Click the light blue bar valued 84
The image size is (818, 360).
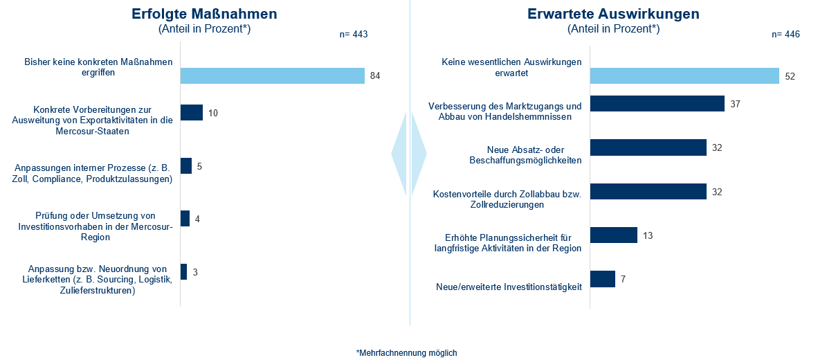coord(272,75)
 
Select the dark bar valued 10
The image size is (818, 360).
coord(192,112)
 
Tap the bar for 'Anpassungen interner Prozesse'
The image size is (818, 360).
coord(186,166)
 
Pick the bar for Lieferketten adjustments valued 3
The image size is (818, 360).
coord(183,271)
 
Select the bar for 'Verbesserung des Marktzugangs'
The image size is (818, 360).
coord(657,104)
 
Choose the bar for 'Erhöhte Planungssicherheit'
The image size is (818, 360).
coord(613,235)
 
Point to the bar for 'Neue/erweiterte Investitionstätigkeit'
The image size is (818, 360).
coord(602,278)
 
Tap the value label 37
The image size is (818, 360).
coord(735,104)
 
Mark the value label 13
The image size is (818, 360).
coord(648,235)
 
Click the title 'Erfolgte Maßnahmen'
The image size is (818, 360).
coord(205,14)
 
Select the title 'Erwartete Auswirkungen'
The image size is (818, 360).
coord(613,14)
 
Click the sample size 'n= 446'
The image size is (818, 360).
coord(785,34)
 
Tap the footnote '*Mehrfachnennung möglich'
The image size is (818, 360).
coord(407,352)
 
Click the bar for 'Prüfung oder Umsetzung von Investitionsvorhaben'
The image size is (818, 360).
coord(185,219)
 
